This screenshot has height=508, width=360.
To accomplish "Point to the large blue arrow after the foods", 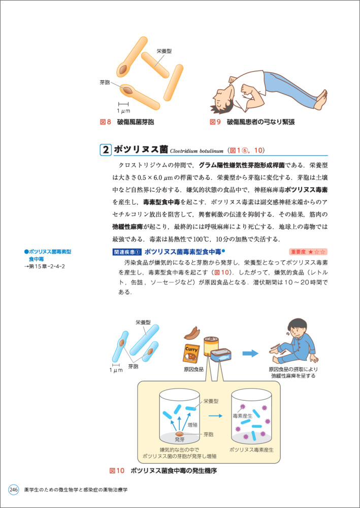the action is (x=250, y=354).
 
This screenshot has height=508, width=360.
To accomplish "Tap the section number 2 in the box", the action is (x=106, y=150).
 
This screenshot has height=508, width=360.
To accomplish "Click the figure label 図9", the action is (x=216, y=122).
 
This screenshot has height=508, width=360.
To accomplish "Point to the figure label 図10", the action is (x=117, y=471).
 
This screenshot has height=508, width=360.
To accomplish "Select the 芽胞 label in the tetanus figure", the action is (x=105, y=82).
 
